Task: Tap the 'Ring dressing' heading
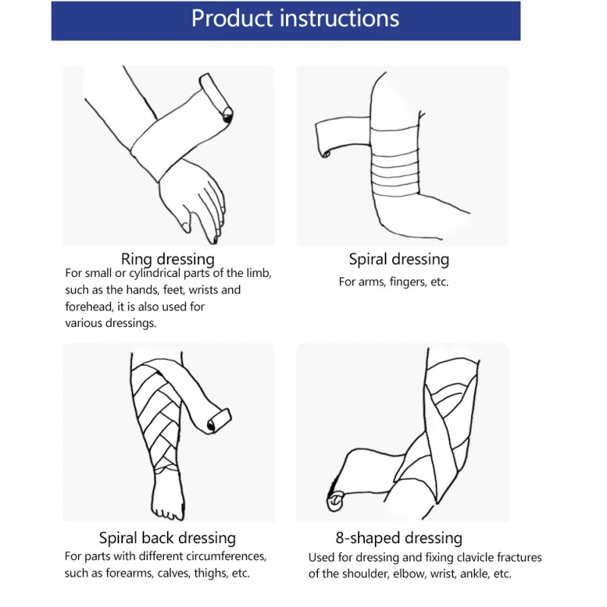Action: click(x=168, y=259)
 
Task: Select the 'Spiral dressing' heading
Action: click(x=399, y=259)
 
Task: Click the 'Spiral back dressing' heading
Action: click(x=168, y=538)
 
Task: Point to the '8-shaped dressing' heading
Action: click(x=399, y=538)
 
